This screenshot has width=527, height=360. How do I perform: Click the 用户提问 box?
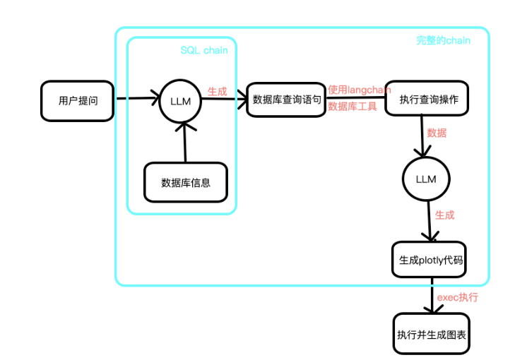pyautogui.click(x=78, y=100)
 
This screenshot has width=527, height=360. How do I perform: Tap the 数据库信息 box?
pyautogui.click(x=186, y=182)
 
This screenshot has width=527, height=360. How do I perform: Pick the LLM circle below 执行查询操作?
pyautogui.click(x=426, y=179)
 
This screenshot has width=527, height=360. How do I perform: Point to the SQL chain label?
pyautogui.click(x=204, y=50)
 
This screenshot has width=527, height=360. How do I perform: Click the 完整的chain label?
pyautogui.click(x=443, y=40)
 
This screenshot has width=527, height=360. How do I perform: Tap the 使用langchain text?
pyautogui.click(x=359, y=90)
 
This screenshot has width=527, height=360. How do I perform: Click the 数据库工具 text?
pyautogui.click(x=353, y=107)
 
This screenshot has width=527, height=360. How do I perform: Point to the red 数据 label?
pyautogui.click(x=437, y=132)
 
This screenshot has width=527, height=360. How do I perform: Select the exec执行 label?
pyautogui.click(x=457, y=297)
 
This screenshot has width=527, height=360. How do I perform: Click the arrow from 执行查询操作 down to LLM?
pyautogui.click(x=422, y=138)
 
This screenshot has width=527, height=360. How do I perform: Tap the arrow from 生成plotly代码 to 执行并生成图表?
pyautogui.click(x=431, y=296)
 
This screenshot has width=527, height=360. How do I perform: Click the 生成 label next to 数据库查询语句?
pyautogui.click(x=217, y=91)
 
